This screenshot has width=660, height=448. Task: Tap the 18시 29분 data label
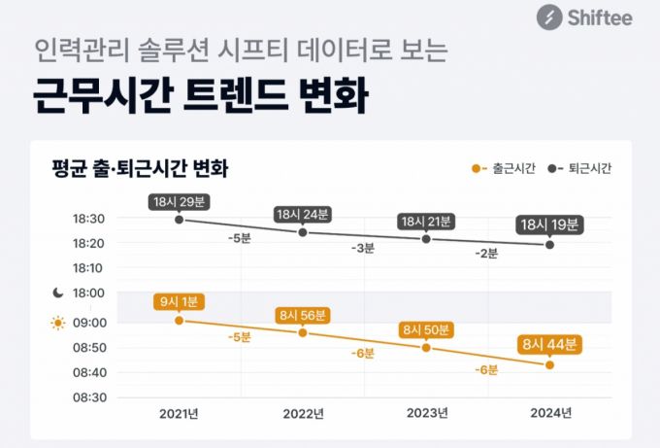(x=179, y=201)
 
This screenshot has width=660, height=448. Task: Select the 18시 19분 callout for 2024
(x=549, y=224)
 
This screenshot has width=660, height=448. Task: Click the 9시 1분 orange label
(x=179, y=301)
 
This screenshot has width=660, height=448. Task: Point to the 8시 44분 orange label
(x=549, y=343)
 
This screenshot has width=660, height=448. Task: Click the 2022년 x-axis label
(x=303, y=414)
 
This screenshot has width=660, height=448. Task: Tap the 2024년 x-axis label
(x=550, y=413)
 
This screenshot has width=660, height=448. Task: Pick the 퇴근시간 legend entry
(x=581, y=168)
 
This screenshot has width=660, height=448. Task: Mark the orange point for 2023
(x=426, y=347)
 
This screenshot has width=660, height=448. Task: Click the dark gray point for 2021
(x=179, y=220)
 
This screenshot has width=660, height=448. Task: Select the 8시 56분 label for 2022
(x=303, y=315)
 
